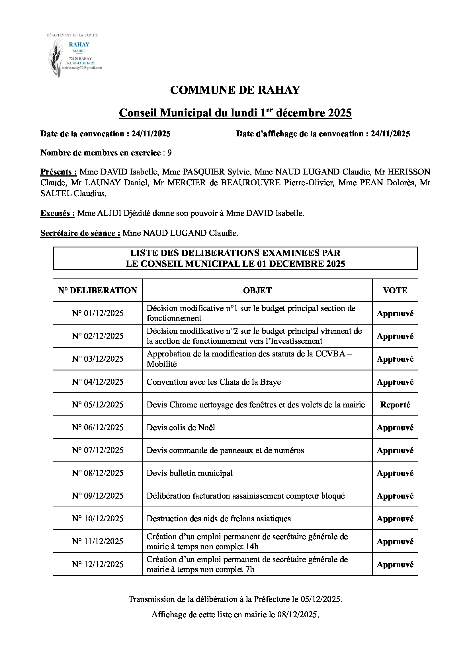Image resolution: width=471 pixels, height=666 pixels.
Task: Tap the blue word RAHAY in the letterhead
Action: [79, 44]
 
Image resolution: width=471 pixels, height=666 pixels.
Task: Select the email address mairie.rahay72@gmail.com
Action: [82, 68]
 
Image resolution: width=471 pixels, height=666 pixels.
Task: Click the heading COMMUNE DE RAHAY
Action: [235, 90]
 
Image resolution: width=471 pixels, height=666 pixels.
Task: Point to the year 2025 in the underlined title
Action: [340, 113]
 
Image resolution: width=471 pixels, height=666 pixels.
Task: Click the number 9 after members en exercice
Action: [169, 153]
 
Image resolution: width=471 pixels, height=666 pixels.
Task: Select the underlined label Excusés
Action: [58, 213]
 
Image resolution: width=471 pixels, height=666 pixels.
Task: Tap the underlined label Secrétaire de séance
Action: [80, 233]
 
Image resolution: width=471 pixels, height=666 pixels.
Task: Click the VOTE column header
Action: [395, 290]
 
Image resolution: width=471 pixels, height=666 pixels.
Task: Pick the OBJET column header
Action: [257, 290]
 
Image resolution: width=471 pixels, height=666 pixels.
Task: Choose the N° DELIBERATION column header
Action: [97, 290]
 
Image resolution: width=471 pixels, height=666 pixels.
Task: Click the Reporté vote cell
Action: [395, 405]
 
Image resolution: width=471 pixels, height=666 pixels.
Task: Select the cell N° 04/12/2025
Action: [97, 382]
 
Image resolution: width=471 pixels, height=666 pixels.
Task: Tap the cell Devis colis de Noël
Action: [181, 428]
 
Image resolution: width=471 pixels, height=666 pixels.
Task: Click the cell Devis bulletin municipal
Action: [189, 473]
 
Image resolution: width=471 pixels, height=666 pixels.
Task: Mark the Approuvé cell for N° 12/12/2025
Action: [395, 564]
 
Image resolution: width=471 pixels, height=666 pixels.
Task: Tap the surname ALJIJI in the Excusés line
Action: [109, 213]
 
